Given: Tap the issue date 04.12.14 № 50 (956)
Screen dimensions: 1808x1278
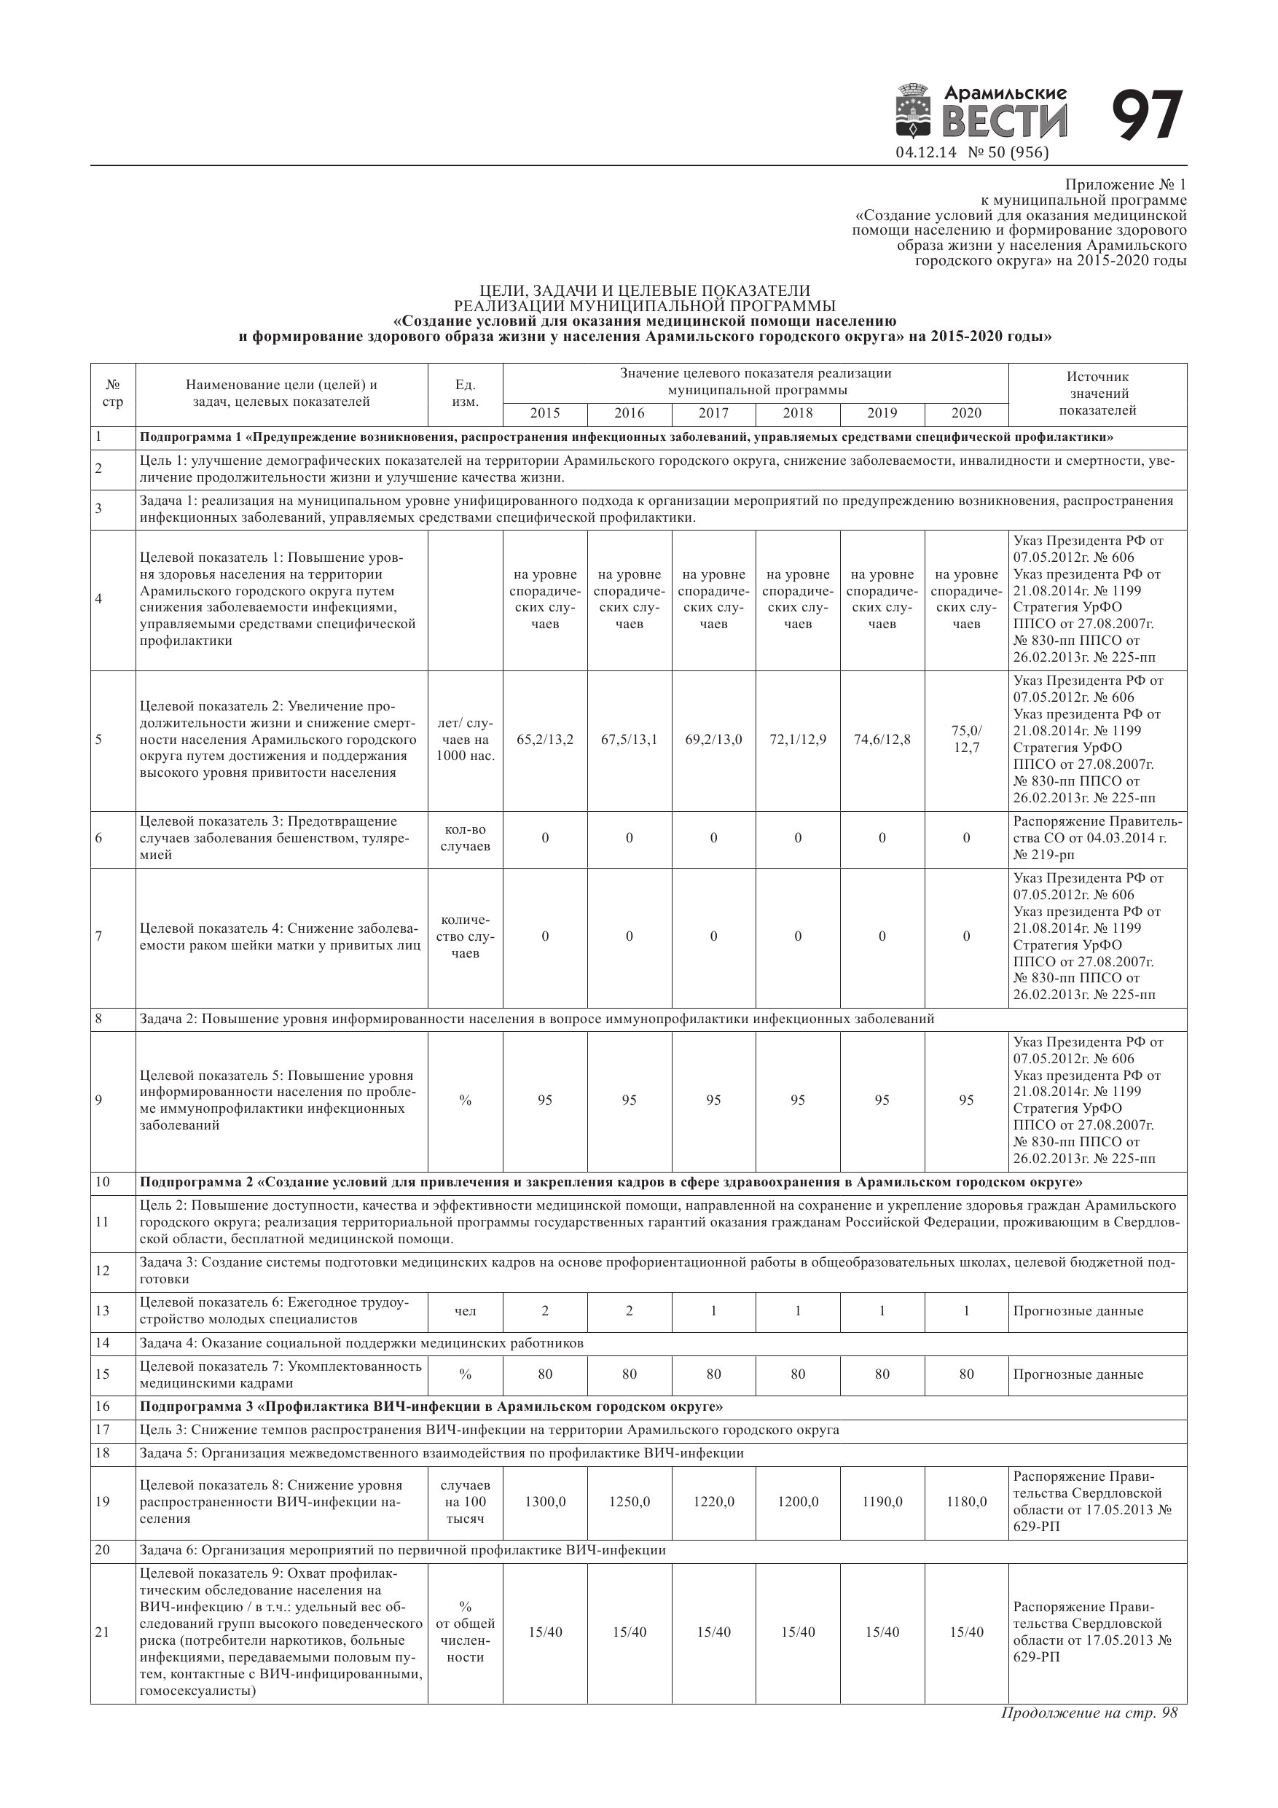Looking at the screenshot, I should coord(972,153).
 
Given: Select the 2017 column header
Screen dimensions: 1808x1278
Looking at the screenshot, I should coord(713,413).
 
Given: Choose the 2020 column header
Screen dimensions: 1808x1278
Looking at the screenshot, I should coord(966,413).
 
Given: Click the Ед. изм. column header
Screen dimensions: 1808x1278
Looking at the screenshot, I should coord(466,394).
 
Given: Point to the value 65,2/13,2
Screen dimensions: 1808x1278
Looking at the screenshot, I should coord(545,740).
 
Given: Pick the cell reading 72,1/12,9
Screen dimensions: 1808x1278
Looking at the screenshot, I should coord(798,740).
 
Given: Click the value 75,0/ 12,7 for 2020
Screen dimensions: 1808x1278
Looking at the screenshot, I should coord(966,740).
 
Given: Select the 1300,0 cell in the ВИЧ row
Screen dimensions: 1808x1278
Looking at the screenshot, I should coord(545,1502).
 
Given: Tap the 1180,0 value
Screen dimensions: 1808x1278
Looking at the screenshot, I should coord(966,1502).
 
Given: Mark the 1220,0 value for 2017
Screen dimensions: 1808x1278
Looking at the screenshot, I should coord(713,1502).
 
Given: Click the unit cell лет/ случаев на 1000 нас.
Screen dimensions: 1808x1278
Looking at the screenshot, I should coord(466,740).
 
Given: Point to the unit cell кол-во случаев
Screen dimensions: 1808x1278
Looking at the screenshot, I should coord(466,838).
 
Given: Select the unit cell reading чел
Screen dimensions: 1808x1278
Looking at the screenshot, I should coord(466,1311).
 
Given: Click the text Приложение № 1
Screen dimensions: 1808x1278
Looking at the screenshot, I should coord(1124,185).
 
